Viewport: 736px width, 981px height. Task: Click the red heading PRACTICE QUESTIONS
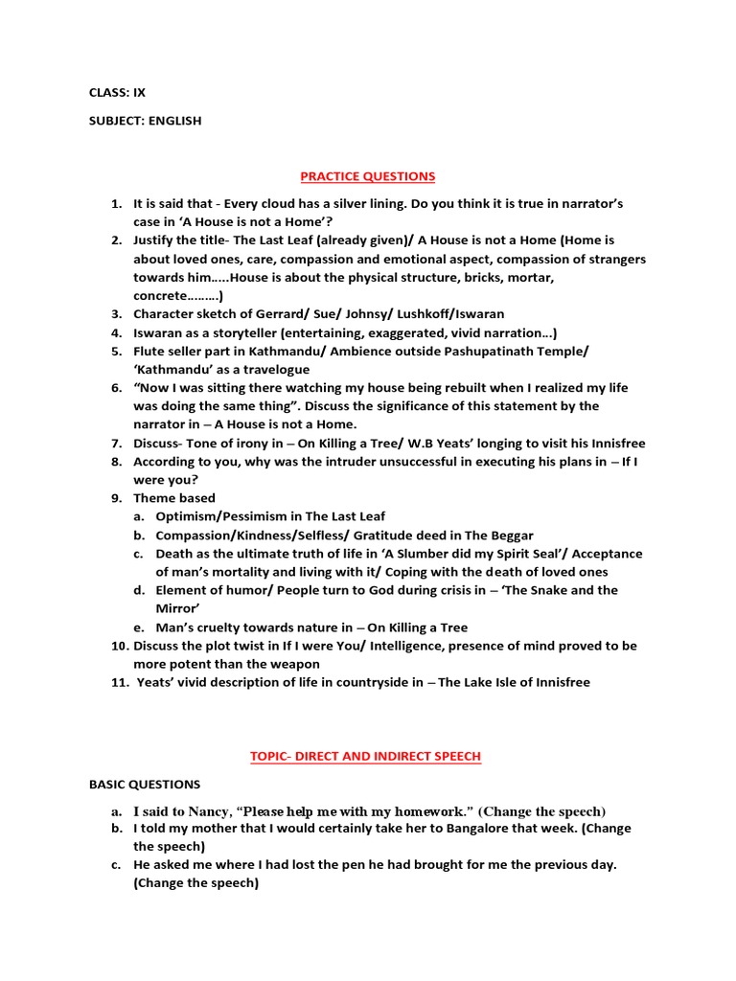[368, 176]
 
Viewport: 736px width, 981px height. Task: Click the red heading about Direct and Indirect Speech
[365, 757]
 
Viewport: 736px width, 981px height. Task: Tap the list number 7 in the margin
[116, 444]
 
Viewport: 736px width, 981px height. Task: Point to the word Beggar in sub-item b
[511, 536]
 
